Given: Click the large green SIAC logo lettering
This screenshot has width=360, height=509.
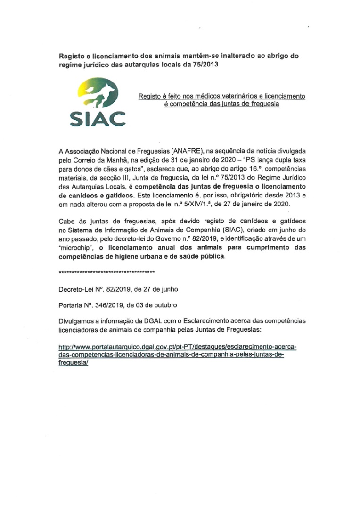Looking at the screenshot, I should pyautogui.click(x=98, y=119).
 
